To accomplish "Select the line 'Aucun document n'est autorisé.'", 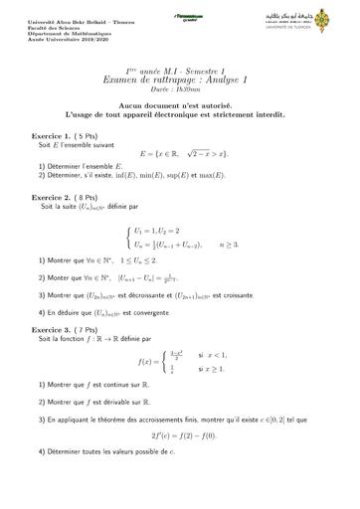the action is [179, 103].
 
